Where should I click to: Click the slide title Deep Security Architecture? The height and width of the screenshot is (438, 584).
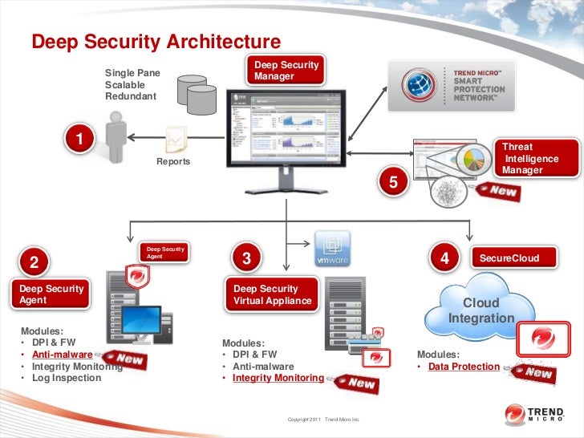click(x=156, y=41)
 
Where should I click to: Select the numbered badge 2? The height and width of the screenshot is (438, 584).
click(x=34, y=262)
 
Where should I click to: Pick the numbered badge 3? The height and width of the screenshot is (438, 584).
click(x=246, y=258)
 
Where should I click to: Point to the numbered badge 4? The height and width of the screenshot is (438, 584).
click(x=444, y=258)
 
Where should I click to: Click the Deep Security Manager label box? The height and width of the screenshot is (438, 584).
click(x=286, y=70)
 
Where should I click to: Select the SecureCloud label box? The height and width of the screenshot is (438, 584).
click(x=509, y=258)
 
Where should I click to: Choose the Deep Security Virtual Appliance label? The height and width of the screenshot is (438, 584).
click(x=271, y=294)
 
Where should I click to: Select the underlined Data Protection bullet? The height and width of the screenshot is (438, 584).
click(x=464, y=367)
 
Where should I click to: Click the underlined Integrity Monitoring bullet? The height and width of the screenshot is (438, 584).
click(x=278, y=377)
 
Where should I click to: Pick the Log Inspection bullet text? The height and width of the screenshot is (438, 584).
click(x=66, y=377)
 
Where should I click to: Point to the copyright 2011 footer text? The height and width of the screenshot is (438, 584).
click(x=324, y=420)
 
